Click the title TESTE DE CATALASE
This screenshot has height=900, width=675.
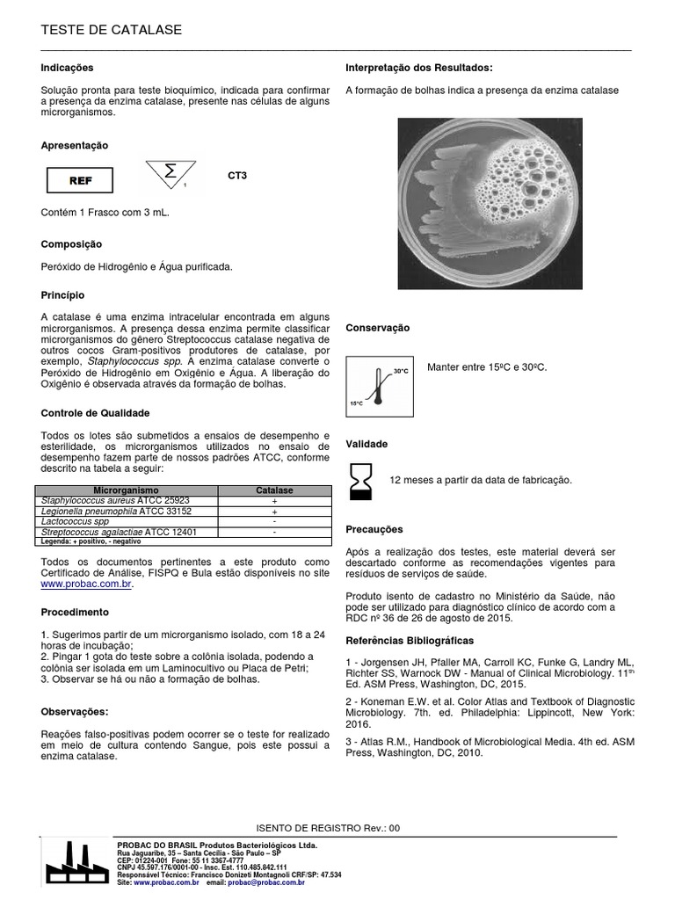[x=112, y=30]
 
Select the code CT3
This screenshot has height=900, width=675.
[x=237, y=176]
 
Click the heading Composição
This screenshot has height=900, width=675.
[x=71, y=243]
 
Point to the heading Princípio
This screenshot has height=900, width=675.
[x=62, y=296]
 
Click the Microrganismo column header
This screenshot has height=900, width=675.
[x=126, y=490]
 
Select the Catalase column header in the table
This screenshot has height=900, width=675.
[x=274, y=490]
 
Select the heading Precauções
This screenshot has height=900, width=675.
[x=374, y=530]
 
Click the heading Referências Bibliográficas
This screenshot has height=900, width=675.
[x=409, y=641]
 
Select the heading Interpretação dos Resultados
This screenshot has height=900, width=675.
[x=418, y=68]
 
